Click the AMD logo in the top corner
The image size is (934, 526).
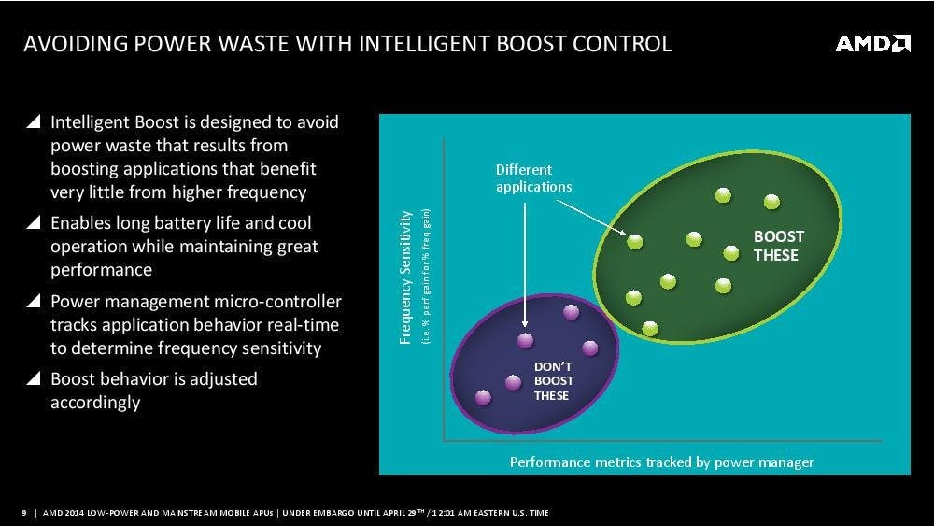(872, 44)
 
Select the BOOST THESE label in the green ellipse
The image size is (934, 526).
(778, 247)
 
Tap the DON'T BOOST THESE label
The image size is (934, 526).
(554, 380)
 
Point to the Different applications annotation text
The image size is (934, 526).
(533, 178)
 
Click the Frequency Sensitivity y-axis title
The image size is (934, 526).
(405, 277)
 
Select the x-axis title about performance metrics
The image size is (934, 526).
(661, 462)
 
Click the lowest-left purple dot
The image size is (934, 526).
(483, 397)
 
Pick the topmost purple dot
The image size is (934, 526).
(570, 313)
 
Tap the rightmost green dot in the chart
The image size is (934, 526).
(771, 202)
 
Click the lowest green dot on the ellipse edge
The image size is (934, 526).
(650, 328)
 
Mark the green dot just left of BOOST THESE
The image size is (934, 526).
(731, 251)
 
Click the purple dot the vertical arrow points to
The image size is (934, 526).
(525, 340)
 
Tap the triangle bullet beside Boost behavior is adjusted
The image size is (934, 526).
(34, 379)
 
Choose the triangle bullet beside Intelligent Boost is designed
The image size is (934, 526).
(34, 122)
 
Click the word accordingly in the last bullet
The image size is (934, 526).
(95, 404)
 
